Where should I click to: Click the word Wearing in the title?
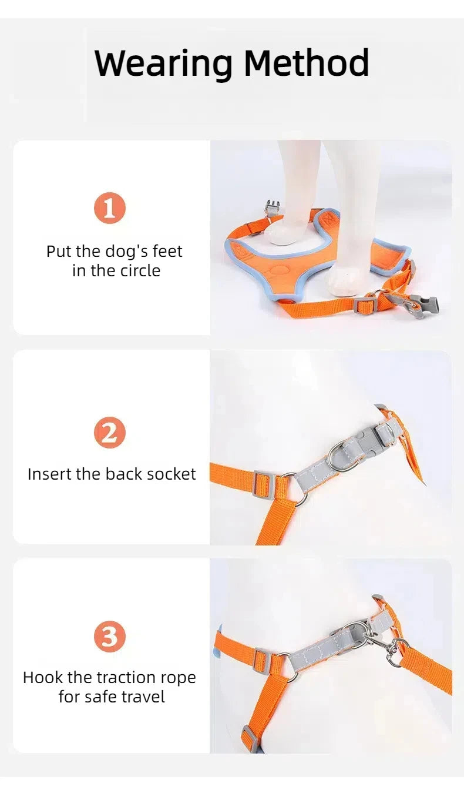(163, 63)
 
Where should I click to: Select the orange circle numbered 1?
(110, 208)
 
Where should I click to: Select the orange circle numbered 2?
(110, 433)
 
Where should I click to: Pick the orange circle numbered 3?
(110, 637)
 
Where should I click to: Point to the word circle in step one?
(140, 270)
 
